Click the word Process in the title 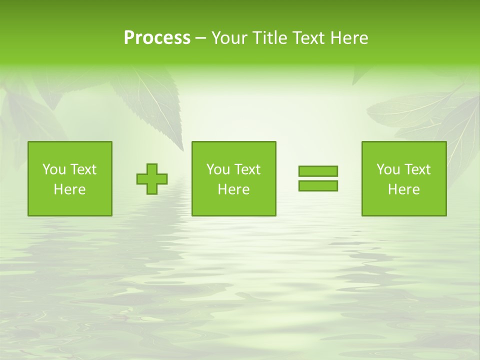coord(157,38)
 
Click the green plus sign coord(152,179)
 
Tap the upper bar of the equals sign coord(318,171)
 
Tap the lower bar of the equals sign coord(318,185)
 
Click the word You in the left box coord(54,169)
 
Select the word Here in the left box coord(69,189)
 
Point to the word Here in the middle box coord(233,189)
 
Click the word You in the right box coord(388,169)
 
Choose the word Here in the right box coord(403,189)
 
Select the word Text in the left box coord(83,169)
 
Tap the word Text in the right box coord(417,169)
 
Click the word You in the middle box coord(218,169)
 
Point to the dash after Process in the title coord(200,38)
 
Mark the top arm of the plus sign coord(152,168)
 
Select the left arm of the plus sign coord(141,179)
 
